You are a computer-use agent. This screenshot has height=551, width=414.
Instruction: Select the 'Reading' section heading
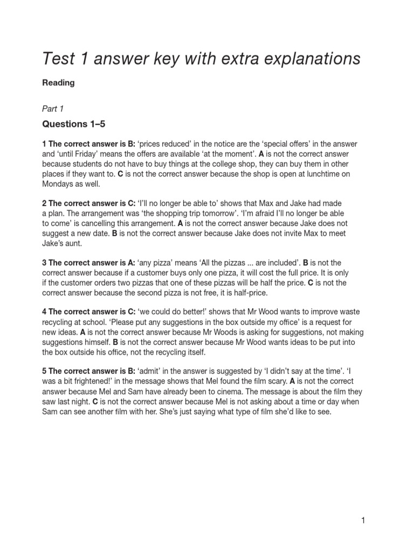point(58,83)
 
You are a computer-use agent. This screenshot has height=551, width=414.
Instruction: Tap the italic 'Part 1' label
point(53,108)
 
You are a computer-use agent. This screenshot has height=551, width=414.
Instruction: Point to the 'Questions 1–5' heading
point(74,124)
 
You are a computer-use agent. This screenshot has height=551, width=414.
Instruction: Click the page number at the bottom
point(363,520)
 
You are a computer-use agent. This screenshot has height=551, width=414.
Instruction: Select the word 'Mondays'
point(60,183)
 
